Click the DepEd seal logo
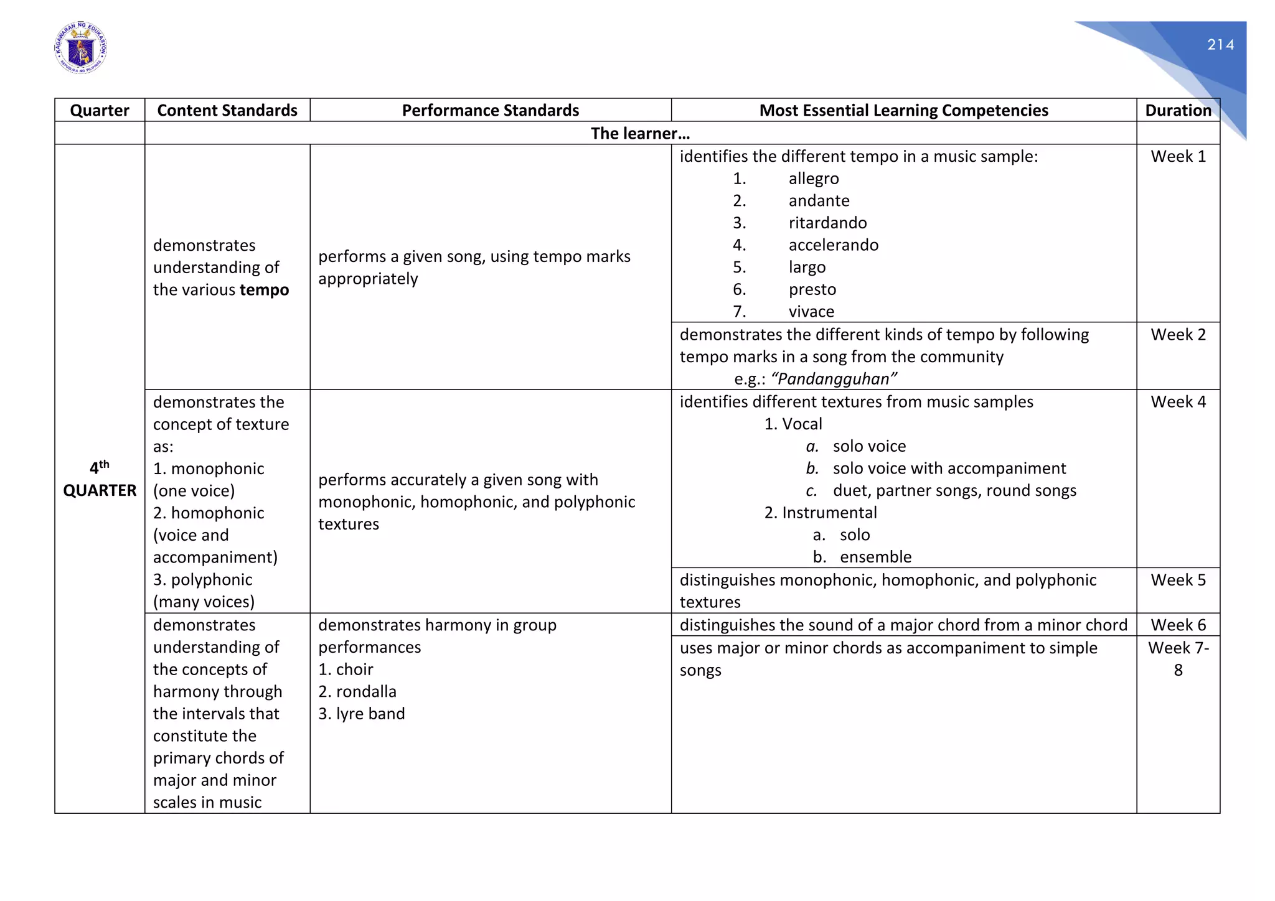point(80,49)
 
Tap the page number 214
point(1220,45)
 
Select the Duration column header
point(1178,110)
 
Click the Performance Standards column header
point(490,110)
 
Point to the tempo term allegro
point(813,179)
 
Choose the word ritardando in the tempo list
point(827,223)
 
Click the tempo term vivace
point(811,311)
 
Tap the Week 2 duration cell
point(1178,335)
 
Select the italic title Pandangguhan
point(834,379)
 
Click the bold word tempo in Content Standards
point(264,290)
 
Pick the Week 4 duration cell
point(1178,402)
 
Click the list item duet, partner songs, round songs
point(954,490)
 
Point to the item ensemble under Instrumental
point(875,557)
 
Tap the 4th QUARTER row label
point(100,479)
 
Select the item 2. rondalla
point(357,691)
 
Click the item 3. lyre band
point(362,714)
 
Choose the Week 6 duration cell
point(1178,625)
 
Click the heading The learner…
point(640,133)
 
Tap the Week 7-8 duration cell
point(1178,658)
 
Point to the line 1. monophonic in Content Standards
point(209,469)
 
